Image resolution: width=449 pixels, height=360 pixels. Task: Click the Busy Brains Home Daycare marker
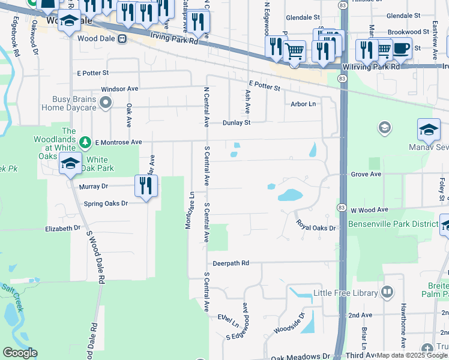tap(106, 103)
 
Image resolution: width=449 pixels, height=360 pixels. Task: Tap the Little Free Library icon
tap(387, 293)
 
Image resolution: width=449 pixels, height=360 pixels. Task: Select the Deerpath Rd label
tap(231, 263)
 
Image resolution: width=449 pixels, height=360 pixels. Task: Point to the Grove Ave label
tap(366, 175)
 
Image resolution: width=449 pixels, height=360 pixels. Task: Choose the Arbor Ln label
tap(303, 104)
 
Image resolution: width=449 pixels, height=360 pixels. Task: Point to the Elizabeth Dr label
tap(63, 229)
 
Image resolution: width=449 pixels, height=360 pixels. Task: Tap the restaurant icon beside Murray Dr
tap(146, 186)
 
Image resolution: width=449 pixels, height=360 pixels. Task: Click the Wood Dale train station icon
tap(122, 38)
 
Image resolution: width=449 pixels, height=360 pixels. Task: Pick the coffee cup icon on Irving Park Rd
tap(401, 47)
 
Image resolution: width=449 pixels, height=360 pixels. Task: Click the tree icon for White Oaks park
tap(85, 142)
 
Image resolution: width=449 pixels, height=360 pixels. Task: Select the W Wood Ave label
tap(370, 210)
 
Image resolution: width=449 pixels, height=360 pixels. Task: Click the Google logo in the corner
tap(20, 353)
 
